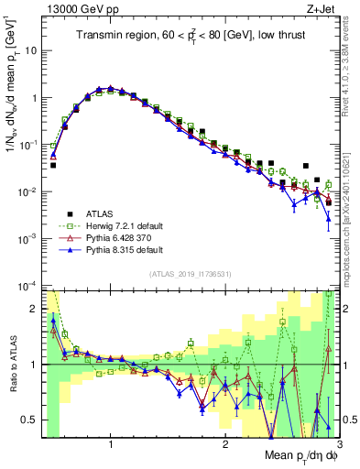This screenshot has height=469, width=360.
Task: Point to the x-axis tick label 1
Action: pyautogui.click(x=111, y=442)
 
